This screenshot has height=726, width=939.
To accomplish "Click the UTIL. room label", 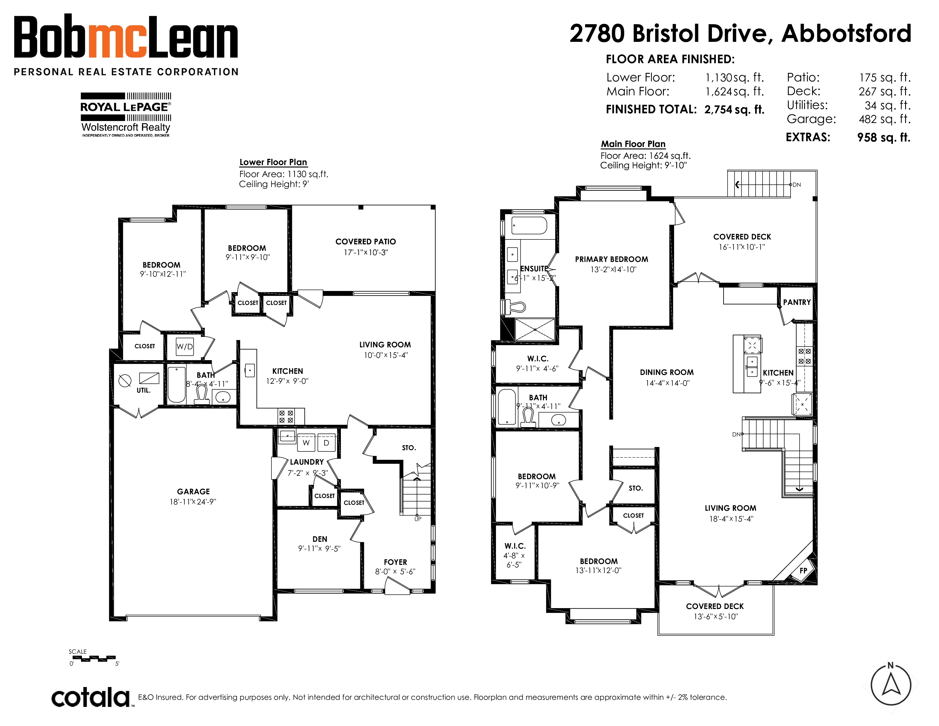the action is pyautogui.click(x=144, y=391).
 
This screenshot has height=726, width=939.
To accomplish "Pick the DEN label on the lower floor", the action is pyautogui.click(x=320, y=539).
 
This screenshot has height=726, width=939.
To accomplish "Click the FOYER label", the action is pyautogui.click(x=396, y=562).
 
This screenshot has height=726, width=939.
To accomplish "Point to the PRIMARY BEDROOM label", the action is pyautogui.click(x=611, y=259).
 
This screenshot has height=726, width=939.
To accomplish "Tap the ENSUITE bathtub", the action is pyautogui.click(x=529, y=225).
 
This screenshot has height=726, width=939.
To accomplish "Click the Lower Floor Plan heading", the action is pyautogui.click(x=273, y=162).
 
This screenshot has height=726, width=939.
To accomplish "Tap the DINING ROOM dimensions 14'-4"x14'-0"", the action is pyautogui.click(x=667, y=383).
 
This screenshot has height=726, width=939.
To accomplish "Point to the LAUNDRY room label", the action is pyautogui.click(x=306, y=462).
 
